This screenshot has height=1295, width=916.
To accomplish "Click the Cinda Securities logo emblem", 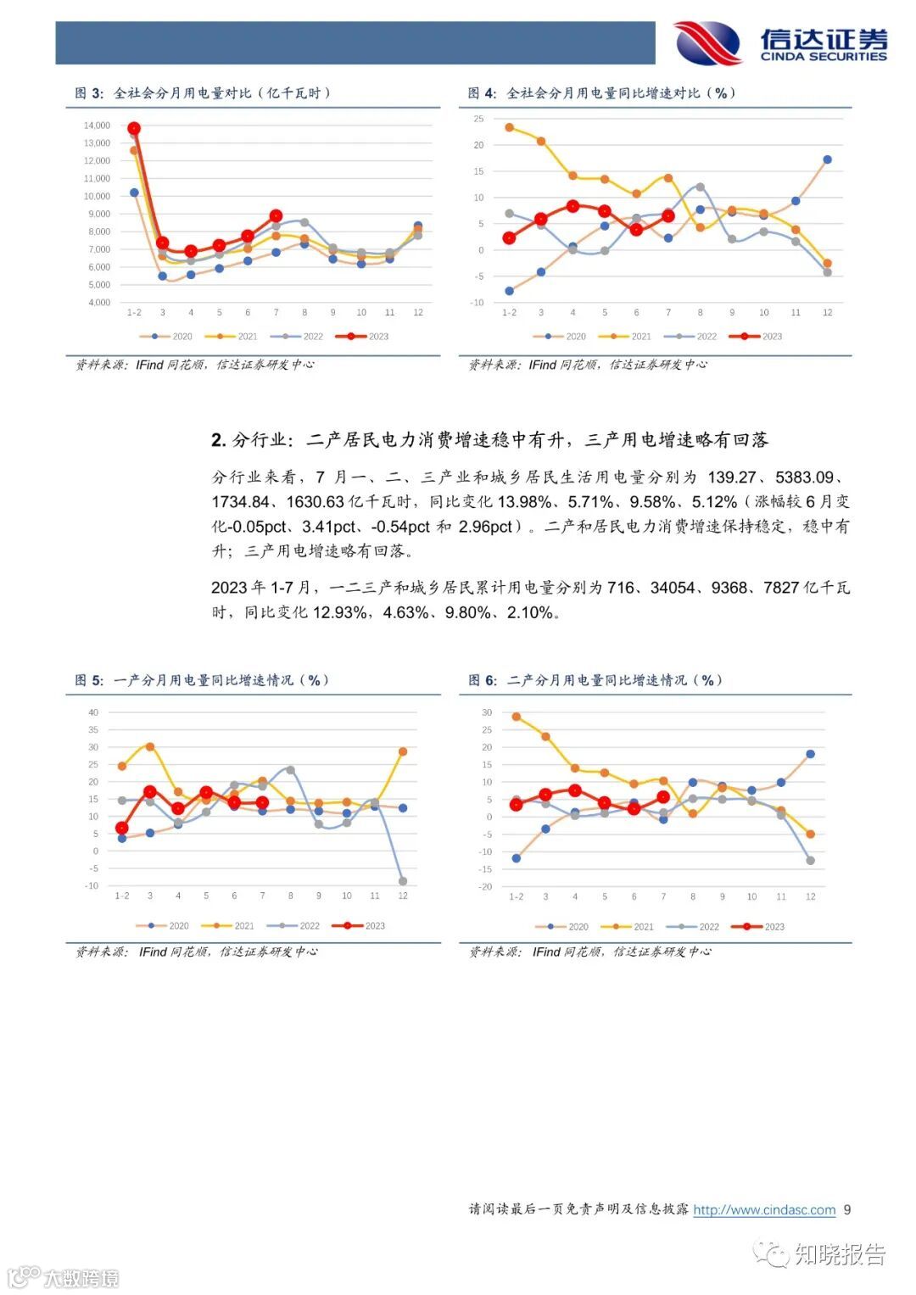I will [707, 42].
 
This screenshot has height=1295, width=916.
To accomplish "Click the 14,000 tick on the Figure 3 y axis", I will [97, 126].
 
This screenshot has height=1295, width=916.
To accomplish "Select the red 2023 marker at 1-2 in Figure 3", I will [134, 129].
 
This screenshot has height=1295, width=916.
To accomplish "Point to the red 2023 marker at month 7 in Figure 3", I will [276, 216].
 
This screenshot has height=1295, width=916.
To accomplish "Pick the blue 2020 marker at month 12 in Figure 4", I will [827, 159].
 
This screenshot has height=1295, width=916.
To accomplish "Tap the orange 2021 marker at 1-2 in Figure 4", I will [509, 128].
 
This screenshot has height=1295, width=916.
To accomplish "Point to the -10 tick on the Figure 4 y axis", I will [477, 303].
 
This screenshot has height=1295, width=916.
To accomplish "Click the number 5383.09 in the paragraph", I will [805, 477].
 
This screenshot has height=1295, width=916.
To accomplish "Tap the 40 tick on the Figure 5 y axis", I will [93, 713].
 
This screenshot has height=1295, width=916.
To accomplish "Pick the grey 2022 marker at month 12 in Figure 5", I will [403, 881].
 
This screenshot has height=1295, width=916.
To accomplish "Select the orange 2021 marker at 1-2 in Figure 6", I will [517, 717].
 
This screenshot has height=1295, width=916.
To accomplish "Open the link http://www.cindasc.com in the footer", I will [764, 1210].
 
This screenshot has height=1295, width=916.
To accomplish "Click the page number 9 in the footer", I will [847, 1210].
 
